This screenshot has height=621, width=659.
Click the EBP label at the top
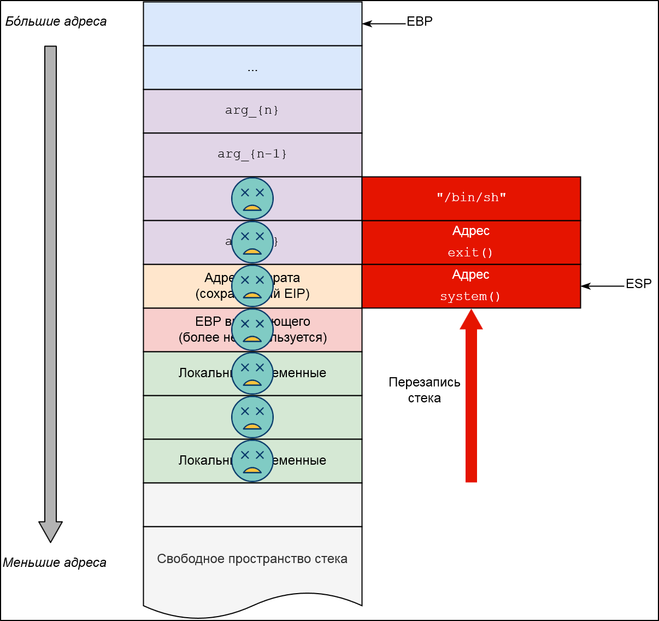(x=420, y=21)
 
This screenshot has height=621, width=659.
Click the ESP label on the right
(x=638, y=284)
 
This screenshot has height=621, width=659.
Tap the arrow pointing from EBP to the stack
(x=384, y=24)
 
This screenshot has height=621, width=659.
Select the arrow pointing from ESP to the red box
(x=603, y=286)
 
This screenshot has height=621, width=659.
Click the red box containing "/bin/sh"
(x=471, y=198)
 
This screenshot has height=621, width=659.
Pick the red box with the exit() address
(x=471, y=242)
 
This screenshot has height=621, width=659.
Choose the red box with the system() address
(x=471, y=286)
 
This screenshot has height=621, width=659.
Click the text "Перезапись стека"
(x=425, y=390)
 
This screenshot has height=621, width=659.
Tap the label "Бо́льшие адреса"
(x=56, y=22)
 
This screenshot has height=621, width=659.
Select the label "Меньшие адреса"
(x=55, y=563)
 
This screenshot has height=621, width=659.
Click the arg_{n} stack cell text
(x=252, y=110)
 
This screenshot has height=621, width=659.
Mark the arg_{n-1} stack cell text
(x=252, y=154)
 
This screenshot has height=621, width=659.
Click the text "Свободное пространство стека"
(x=252, y=559)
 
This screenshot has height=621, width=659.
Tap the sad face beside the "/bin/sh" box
(x=252, y=198)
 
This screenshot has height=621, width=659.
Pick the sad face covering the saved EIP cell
(x=252, y=286)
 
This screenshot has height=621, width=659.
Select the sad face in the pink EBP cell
(x=252, y=330)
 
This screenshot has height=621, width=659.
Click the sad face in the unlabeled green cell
(x=252, y=417)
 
